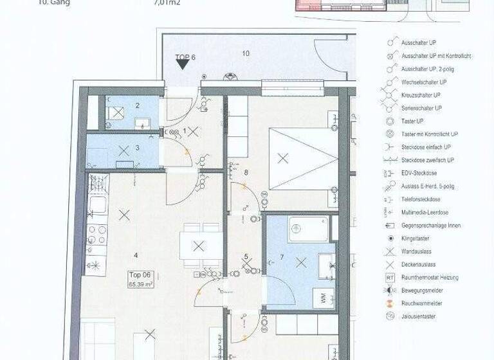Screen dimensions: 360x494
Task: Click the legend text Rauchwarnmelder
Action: (422, 303)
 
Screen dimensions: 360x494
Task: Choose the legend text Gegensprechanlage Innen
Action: (431, 226)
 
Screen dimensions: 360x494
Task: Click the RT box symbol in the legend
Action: (390, 278)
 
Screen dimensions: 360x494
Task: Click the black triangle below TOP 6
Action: (183, 64)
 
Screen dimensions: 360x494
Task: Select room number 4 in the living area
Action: (136, 255)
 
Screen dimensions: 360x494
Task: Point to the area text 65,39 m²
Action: (140, 283)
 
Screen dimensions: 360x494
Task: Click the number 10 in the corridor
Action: (246, 53)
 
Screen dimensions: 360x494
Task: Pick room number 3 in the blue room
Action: (137, 148)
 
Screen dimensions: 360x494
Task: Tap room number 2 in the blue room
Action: (137, 105)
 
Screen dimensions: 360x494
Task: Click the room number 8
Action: (246, 172)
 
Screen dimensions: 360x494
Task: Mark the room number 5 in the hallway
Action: (246, 257)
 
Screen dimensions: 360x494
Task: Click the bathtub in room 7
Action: (309, 229)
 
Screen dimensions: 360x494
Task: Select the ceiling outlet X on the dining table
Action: (199, 246)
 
